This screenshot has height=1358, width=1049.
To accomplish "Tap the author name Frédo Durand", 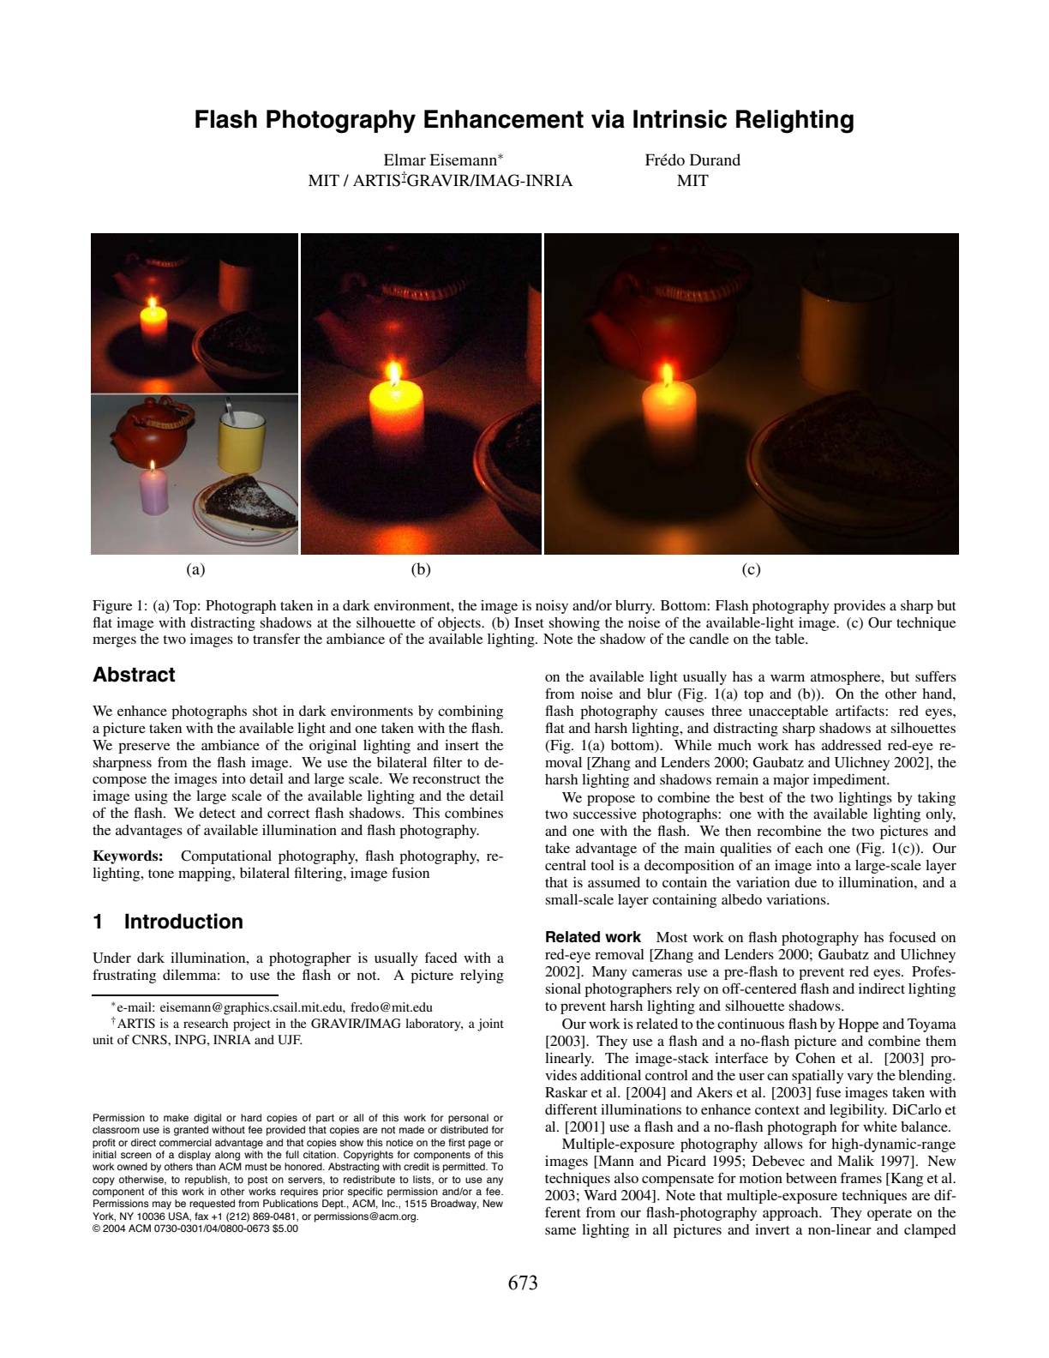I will coord(692,160).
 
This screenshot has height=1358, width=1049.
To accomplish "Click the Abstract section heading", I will coord(134,675).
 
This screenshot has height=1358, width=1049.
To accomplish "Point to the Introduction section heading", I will coord(183,922).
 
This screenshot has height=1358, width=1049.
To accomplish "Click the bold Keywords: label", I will coord(128,856).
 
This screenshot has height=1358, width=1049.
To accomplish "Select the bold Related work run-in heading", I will coord(593,937).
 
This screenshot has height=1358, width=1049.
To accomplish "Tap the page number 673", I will coord(523,1283).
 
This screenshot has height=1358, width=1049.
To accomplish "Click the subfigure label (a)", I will coord(195,569).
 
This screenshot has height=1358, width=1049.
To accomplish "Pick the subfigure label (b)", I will coord(421,569).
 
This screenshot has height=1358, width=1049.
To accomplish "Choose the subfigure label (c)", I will coord(751,569).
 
